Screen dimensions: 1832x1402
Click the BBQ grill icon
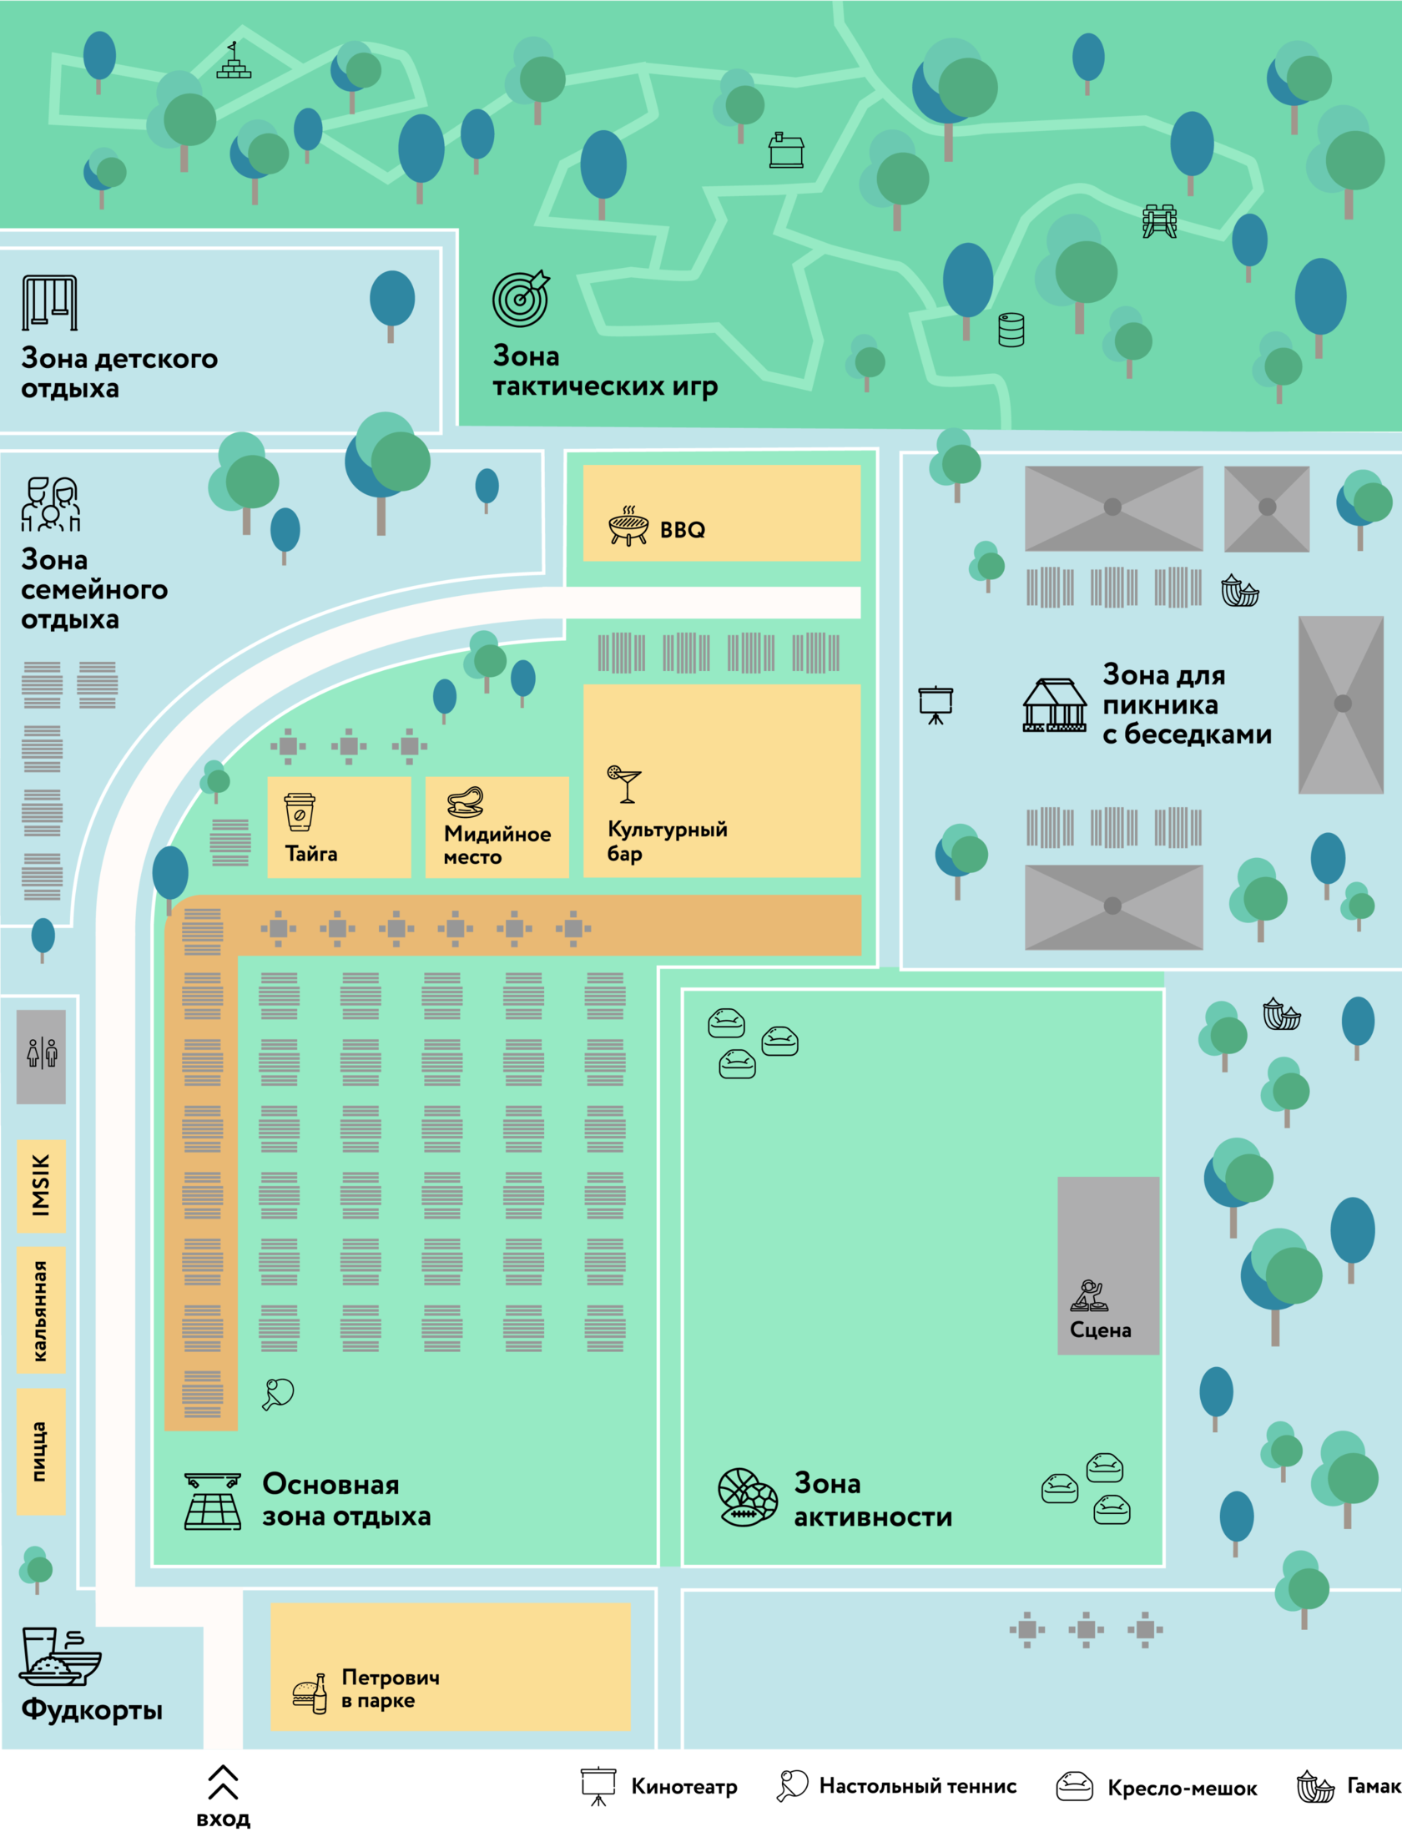[628, 526]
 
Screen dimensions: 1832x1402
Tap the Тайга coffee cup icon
[300, 812]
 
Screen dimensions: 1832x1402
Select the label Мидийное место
[497, 845]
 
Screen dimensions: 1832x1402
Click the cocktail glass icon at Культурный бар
[624, 784]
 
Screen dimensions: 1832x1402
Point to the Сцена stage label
[1100, 1330]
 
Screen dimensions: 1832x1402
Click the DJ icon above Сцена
[1089, 1295]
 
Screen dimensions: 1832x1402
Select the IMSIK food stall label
[41, 1184]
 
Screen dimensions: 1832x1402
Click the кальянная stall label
[40, 1310]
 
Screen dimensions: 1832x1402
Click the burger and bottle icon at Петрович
[310, 1693]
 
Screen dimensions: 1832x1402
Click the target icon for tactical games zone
[521, 298]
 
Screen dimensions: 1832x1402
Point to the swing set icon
[49, 302]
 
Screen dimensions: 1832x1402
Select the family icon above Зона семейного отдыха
[50, 504]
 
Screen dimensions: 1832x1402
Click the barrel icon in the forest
[1011, 330]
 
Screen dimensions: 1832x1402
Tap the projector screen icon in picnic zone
[936, 704]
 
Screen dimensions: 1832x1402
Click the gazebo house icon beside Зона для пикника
[1055, 705]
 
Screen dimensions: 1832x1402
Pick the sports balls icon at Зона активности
[748, 1497]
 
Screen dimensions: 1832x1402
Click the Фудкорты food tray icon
[58, 1657]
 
